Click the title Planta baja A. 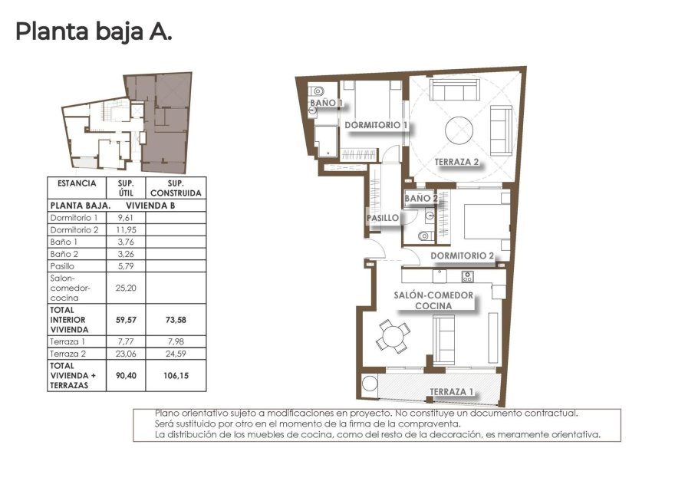pos(93,32)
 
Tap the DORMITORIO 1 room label pos(375,125)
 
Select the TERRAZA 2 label pos(456,162)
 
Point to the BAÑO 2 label pos(420,199)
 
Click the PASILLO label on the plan pos(383,218)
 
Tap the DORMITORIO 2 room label pos(461,256)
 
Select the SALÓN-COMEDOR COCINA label pos(433,300)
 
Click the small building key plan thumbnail pos(127,123)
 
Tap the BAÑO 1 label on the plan pos(325,102)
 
